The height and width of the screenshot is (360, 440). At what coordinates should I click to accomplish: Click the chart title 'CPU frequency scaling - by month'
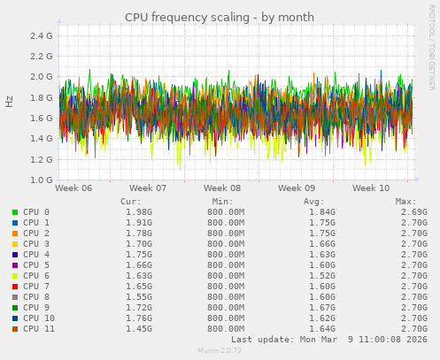pos(219,17)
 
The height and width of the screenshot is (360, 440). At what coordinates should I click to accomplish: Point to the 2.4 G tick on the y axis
pos(40,35)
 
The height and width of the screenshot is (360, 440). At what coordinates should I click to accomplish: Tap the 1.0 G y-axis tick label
pos(40,180)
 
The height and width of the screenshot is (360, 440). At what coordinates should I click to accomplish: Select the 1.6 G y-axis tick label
pos(40,119)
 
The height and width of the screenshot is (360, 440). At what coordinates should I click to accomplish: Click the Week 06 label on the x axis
pos(73,188)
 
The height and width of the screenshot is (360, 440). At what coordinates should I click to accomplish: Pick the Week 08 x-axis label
pos(222,188)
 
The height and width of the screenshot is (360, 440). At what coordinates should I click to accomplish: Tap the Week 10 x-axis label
pos(371,188)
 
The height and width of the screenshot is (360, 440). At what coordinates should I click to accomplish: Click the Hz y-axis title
pos(10,102)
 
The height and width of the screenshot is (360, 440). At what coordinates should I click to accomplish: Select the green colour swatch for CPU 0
pos(15,212)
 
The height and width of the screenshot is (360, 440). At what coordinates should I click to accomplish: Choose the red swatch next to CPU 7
pos(15,287)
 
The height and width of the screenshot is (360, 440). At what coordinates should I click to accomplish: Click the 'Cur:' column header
pos(129,201)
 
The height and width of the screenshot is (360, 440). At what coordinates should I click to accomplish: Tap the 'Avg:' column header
pos(314,201)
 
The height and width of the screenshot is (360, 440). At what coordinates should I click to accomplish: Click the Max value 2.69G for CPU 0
pos(415,212)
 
